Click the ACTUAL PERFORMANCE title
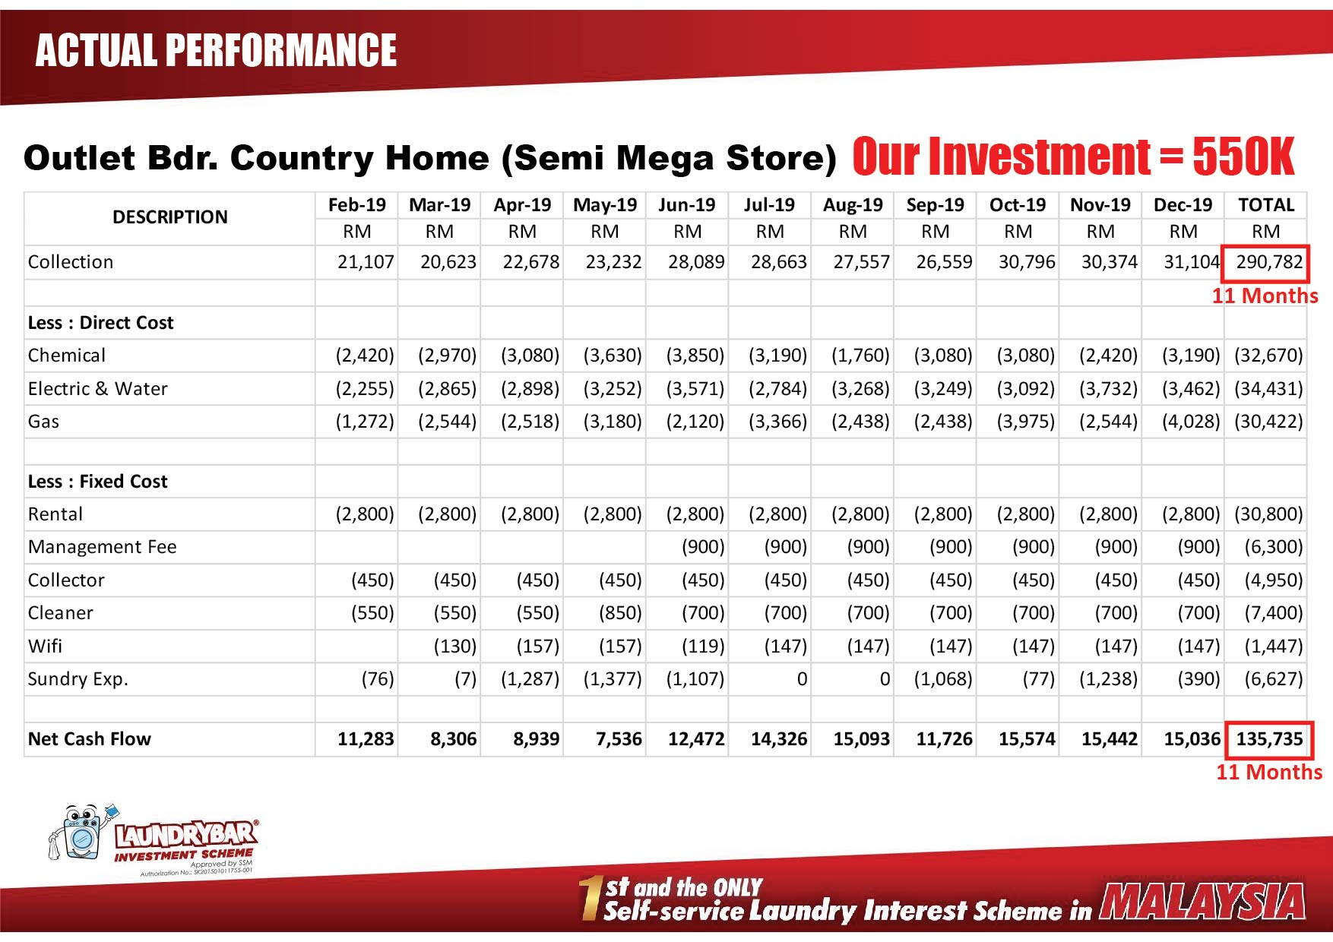(216, 50)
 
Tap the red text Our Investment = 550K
(1073, 156)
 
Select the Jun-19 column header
(686, 205)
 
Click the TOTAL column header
(1266, 205)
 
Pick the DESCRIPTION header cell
(170, 217)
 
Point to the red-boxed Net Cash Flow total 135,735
(1269, 739)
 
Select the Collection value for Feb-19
(366, 262)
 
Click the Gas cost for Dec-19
(1191, 422)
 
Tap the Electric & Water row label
(98, 389)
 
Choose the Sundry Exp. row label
(78, 679)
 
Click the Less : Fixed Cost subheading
(98, 482)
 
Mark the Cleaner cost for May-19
(620, 613)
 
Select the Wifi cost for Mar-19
(455, 646)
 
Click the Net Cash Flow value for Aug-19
(861, 739)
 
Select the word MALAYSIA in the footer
(1202, 902)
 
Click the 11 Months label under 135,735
(1269, 773)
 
